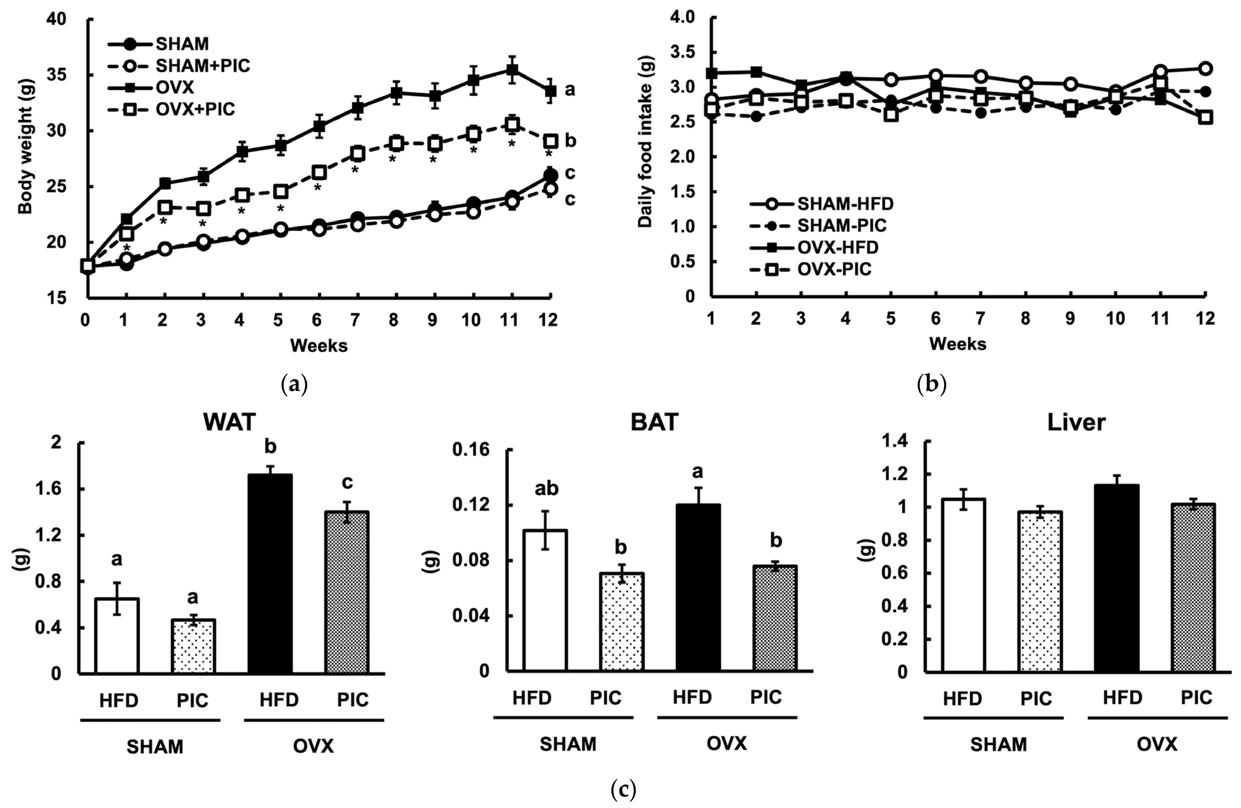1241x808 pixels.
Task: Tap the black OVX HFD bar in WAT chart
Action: (x=270, y=573)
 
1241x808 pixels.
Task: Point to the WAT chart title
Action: (x=230, y=422)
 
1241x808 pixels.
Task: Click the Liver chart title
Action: (x=1076, y=422)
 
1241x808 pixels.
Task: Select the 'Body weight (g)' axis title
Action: (x=25, y=146)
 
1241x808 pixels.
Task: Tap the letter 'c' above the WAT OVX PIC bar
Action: (x=347, y=482)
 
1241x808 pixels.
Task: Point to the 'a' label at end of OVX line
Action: (x=570, y=90)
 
